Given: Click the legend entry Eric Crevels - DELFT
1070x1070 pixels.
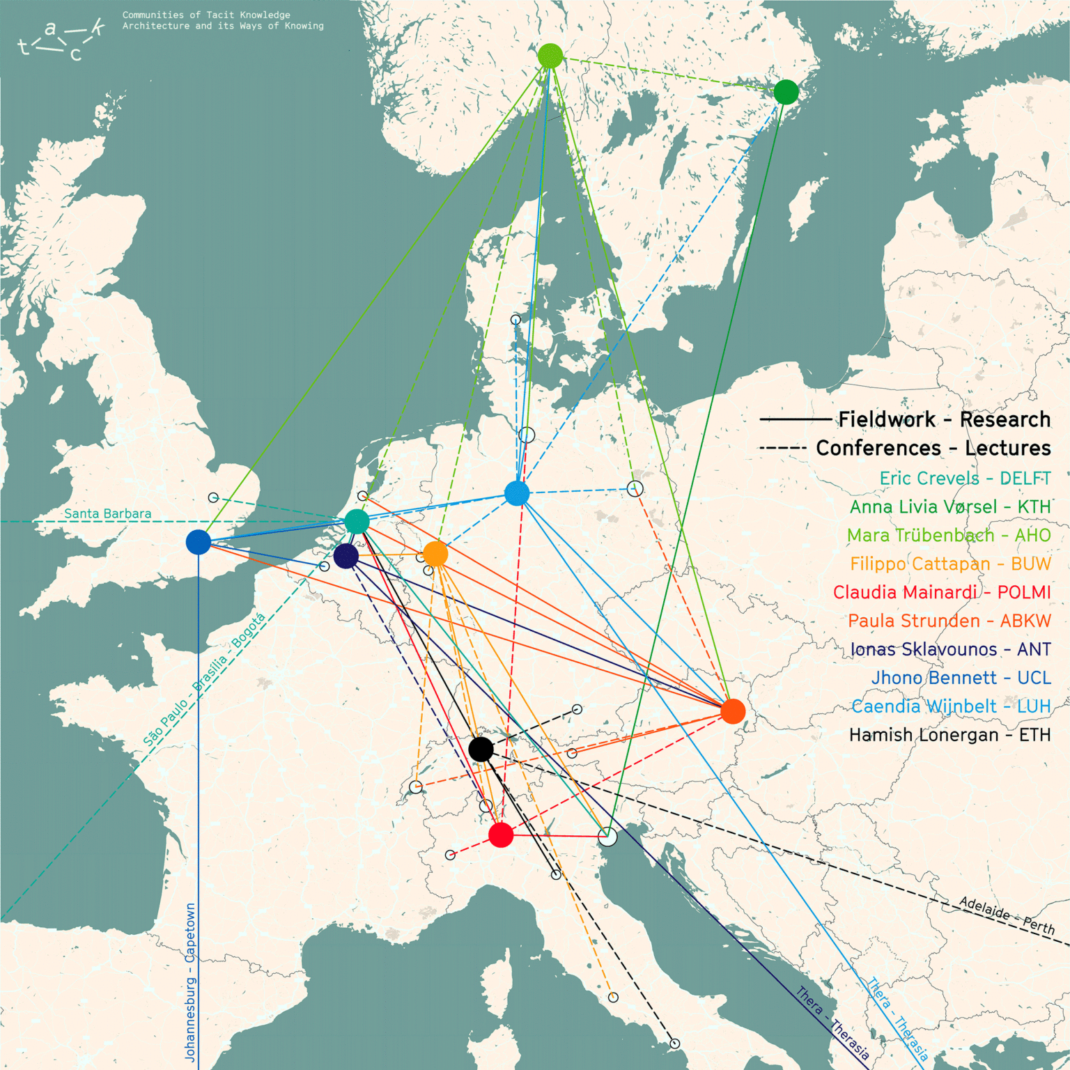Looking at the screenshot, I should tap(965, 479).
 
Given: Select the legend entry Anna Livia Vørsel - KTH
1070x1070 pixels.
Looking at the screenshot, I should tap(949, 507).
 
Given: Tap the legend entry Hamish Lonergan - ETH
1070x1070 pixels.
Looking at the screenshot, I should tap(949, 735).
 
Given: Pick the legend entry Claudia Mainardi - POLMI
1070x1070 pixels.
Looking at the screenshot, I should tap(942, 592).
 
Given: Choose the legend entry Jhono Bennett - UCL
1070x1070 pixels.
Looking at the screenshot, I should tap(961, 678).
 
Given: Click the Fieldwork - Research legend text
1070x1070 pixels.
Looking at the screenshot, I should tap(944, 419).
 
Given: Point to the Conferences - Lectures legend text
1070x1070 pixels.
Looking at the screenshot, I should tap(933, 448).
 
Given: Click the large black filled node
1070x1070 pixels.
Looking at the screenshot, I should tap(481, 749).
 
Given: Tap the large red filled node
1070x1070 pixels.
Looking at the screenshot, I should tap(501, 835).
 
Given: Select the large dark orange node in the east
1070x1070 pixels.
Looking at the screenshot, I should tap(733, 711).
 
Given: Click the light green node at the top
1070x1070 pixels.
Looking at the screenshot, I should tap(550, 56).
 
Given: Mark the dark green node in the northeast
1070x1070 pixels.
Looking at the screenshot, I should tap(786, 92).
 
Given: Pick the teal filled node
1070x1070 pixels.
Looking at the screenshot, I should tap(357, 521).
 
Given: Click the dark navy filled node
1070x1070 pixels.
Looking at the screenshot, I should tap(346, 556).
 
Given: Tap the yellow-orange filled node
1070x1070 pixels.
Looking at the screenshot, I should tap(435, 554).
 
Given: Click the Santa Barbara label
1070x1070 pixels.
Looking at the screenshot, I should tap(107, 514).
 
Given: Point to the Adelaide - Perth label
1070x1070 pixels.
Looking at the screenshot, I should tap(1007, 915).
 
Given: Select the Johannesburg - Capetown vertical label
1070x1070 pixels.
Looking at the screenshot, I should tap(190, 982).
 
